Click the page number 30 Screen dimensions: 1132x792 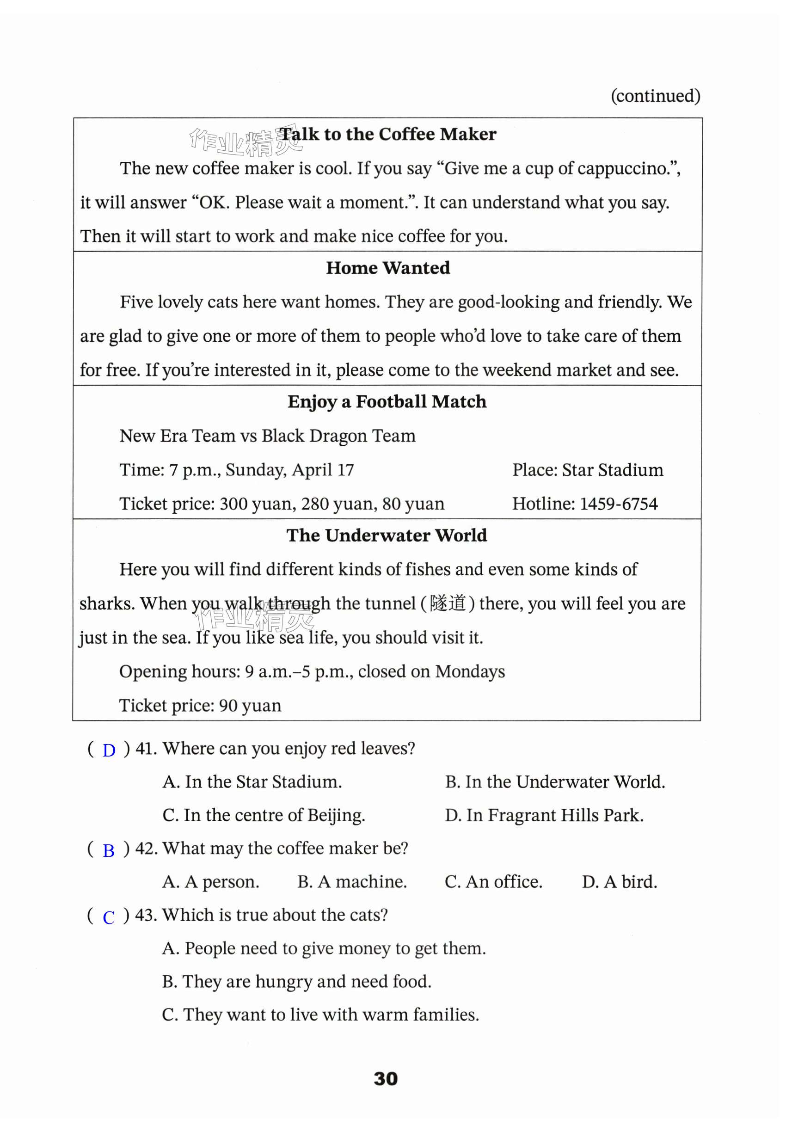(x=386, y=1078)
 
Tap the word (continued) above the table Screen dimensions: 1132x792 (x=655, y=96)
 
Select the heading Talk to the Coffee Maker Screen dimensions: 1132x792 (x=387, y=134)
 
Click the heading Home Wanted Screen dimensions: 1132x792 (x=388, y=268)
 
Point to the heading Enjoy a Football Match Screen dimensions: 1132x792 (x=387, y=402)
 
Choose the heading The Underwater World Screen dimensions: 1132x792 (x=387, y=535)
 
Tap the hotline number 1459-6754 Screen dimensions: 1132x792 (x=619, y=504)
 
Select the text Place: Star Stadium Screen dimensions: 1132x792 (x=588, y=470)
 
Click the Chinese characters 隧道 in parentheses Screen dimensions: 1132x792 (x=448, y=603)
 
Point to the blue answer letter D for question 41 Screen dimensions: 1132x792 (x=109, y=751)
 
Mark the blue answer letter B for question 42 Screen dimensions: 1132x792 (x=109, y=850)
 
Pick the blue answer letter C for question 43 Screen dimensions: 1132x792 (x=109, y=917)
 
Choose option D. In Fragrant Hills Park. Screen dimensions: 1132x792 (x=544, y=815)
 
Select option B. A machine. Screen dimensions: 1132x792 (x=352, y=881)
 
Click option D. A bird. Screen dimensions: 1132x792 (x=619, y=881)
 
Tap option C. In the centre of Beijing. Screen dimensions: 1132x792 (x=264, y=815)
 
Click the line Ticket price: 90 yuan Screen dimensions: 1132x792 (x=200, y=706)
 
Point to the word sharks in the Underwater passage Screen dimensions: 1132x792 (x=105, y=604)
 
